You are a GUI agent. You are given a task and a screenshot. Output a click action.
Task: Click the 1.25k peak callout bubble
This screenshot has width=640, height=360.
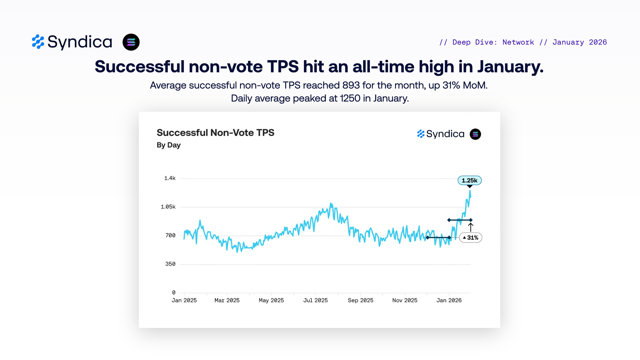pos(469,180)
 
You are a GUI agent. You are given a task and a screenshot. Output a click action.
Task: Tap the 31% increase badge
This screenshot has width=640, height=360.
pos(471,237)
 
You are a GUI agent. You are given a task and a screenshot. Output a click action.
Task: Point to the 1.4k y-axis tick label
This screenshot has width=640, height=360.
pos(170,178)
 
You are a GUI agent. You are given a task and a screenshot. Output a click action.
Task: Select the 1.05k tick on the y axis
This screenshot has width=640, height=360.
pos(168,207)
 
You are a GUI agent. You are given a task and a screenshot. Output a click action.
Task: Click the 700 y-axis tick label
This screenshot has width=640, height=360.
pos(170,236)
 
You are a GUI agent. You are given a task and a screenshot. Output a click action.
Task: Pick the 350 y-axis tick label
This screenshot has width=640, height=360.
pos(170,264)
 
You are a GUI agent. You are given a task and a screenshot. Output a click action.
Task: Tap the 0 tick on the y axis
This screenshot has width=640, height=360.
pos(173,292)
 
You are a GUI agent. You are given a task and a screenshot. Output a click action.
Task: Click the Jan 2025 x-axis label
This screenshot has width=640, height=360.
pos(184,300)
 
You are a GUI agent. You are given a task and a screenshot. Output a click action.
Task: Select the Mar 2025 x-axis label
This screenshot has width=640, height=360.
pos(227,300)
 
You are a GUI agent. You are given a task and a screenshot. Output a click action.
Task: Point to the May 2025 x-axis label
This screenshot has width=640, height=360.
pos(271,300)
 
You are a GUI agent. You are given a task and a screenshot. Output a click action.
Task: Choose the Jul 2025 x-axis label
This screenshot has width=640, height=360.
pos(316,300)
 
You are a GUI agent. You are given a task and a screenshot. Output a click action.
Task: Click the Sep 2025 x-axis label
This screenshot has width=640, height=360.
pos(360,300)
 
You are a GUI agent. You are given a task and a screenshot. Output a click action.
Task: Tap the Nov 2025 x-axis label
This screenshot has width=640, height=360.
pos(405,300)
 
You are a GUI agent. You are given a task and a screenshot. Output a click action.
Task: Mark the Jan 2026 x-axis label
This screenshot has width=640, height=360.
pos(449,300)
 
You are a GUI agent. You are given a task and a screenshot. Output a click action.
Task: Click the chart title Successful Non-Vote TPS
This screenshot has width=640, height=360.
pos(215,133)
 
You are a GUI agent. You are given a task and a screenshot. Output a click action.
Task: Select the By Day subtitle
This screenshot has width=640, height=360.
pos(169,145)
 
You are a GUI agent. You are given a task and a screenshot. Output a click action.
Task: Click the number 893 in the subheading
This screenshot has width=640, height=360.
pos(351,85)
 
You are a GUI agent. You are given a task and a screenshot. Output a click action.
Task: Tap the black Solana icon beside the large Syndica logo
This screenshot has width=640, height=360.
pos(131,42)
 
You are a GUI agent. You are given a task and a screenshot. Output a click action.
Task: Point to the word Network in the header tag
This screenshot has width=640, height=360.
pos(518,42)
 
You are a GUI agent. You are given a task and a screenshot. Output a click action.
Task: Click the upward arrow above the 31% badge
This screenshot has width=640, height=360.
pos(471,227)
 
